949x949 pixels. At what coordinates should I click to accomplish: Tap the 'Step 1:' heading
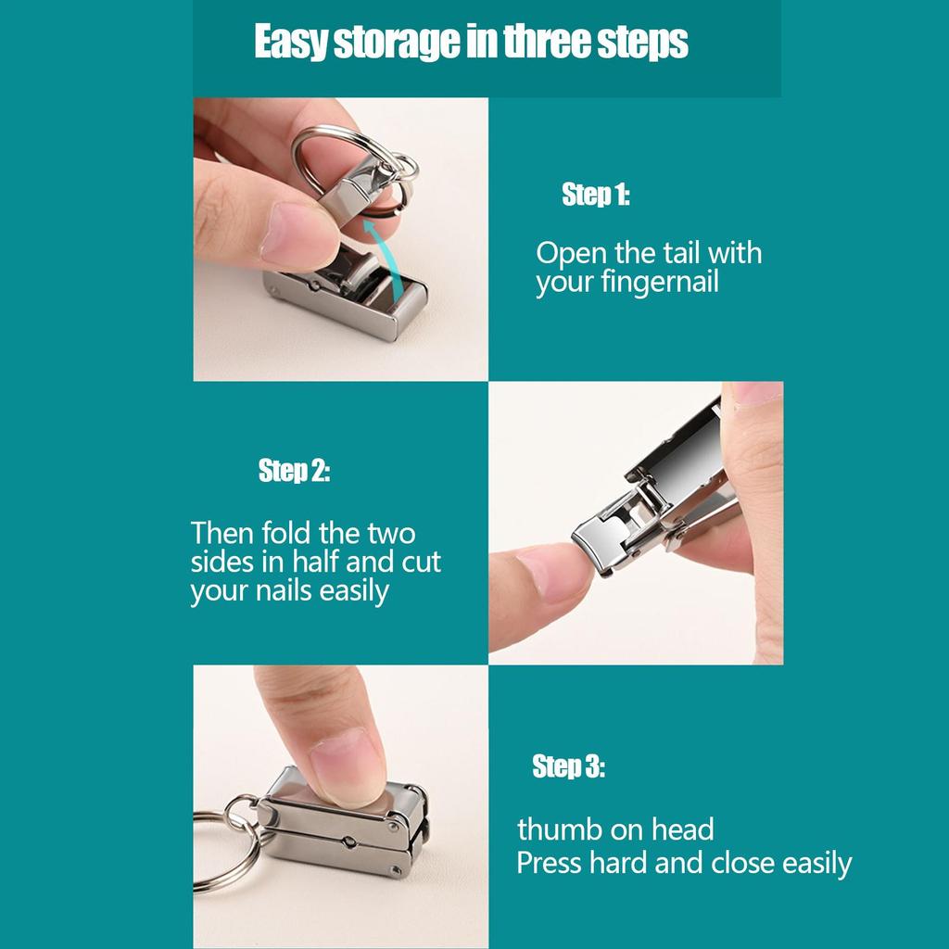(x=595, y=196)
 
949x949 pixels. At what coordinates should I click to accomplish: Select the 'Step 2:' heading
(x=294, y=472)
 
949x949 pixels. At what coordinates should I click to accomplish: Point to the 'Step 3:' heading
(x=568, y=767)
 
